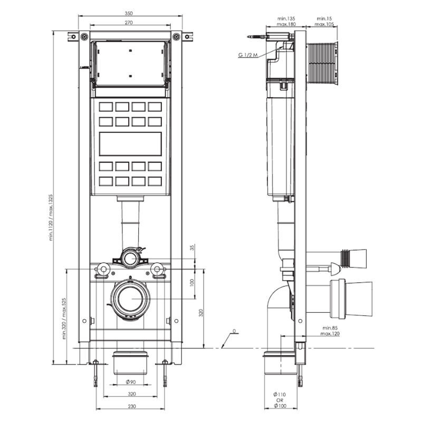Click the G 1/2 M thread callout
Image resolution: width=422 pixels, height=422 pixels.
point(247,55)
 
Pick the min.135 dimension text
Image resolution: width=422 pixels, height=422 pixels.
point(285,18)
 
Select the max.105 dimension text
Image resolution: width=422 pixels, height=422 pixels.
point(324,24)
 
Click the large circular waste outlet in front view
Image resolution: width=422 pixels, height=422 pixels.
point(130,299)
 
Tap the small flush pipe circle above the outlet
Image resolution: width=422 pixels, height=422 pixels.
point(129,258)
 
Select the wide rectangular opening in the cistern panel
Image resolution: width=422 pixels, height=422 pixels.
point(130,143)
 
